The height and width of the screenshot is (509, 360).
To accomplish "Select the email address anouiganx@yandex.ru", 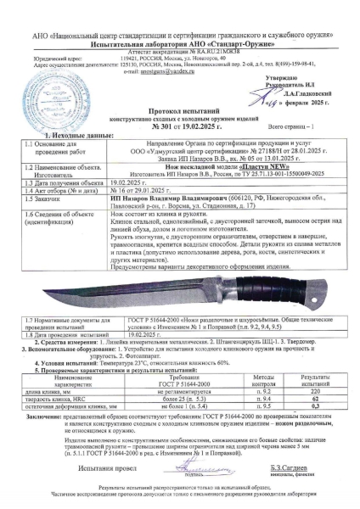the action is pos(145,73).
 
